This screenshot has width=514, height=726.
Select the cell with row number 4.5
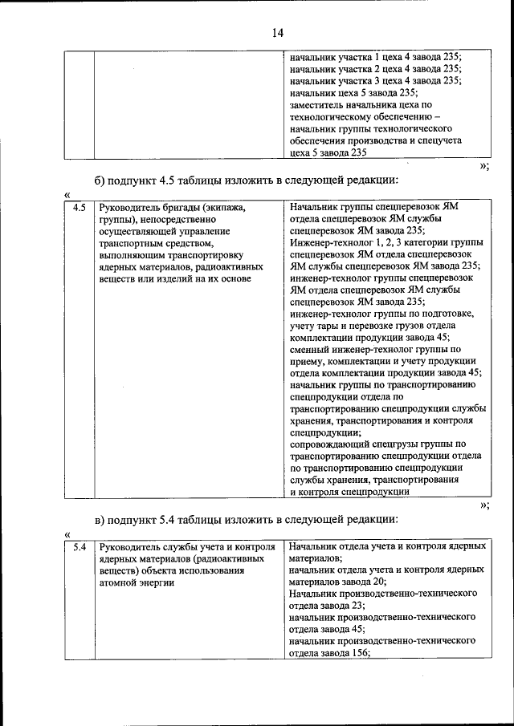point(78,208)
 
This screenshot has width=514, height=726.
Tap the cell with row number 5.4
point(78,546)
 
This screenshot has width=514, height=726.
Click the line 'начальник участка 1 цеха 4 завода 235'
point(375,57)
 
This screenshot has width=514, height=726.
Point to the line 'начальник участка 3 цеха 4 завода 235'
point(375,80)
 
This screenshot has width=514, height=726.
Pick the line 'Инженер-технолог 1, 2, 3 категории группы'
point(386,242)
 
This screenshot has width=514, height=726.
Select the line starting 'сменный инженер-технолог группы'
point(374,349)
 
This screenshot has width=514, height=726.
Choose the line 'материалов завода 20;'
point(338,582)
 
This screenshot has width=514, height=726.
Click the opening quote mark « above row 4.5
point(67,194)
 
